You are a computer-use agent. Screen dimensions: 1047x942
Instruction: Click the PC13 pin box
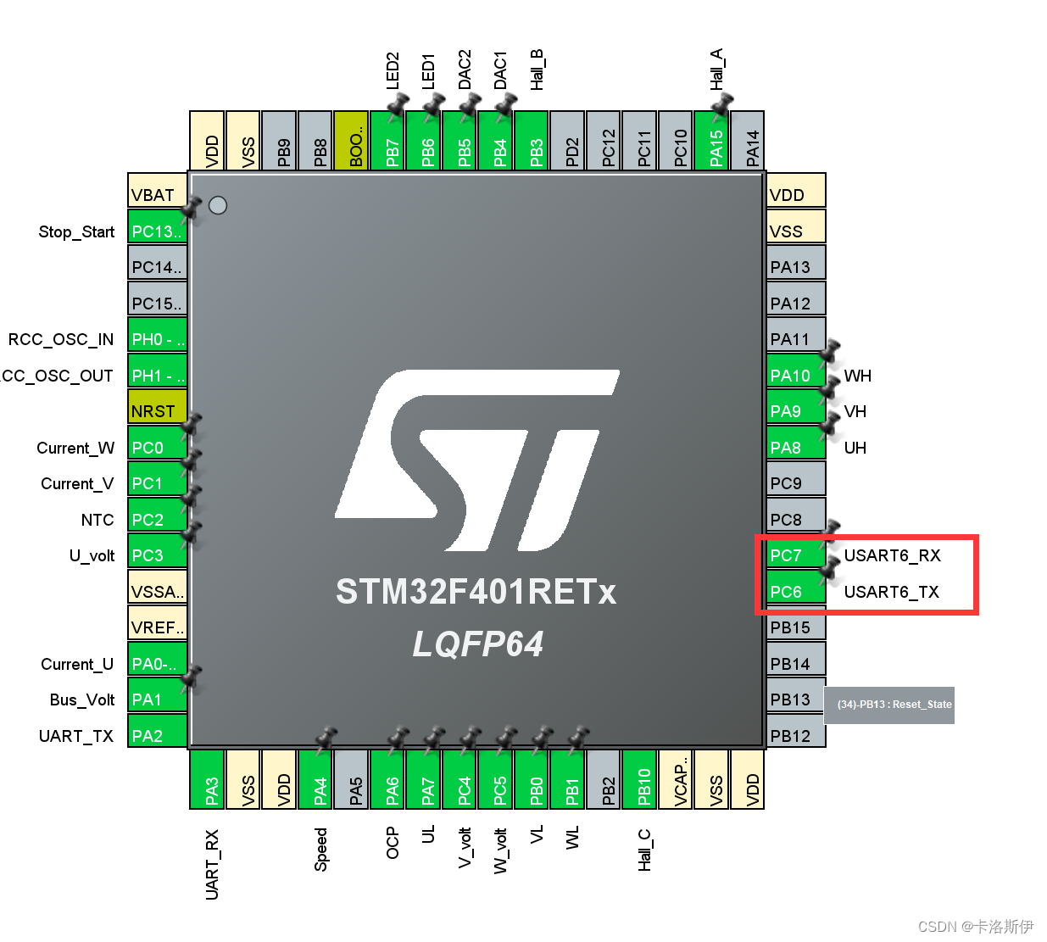click(157, 230)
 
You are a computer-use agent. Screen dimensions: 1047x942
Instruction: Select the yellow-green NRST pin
click(157, 410)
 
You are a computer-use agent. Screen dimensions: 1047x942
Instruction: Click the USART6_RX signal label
click(892, 555)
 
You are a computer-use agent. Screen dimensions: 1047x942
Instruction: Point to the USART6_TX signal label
click(891, 592)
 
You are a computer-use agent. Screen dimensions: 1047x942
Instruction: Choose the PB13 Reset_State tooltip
click(889, 705)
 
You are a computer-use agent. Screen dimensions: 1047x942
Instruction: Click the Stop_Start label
click(76, 231)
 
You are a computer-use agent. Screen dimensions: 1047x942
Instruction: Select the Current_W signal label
click(75, 448)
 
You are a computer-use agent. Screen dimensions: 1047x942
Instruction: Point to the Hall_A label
click(716, 70)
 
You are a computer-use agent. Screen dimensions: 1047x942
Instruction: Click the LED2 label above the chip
click(392, 70)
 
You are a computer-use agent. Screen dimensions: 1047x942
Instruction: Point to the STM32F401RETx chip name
click(476, 592)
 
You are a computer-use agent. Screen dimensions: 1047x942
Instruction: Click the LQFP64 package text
click(477, 644)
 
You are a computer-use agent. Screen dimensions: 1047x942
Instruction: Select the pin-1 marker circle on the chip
click(218, 205)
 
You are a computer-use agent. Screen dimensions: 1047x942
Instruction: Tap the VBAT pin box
click(157, 194)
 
